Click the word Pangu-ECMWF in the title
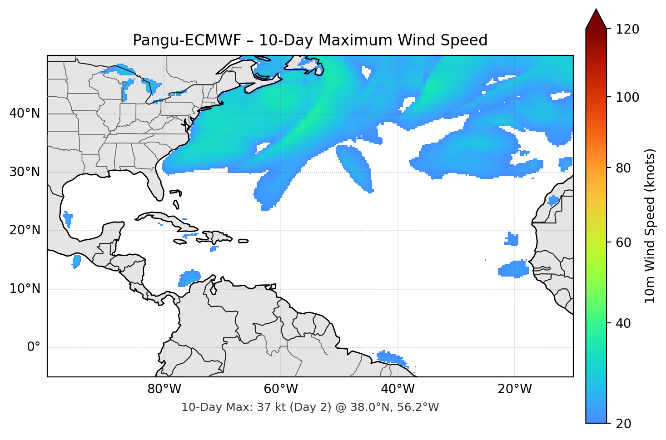[187, 40]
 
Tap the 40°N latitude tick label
[25, 114]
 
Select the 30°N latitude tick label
[25, 172]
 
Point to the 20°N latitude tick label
[25, 230]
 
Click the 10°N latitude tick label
[25, 289]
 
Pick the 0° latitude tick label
[33, 347]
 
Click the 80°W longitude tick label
[164, 389]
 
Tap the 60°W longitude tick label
[281, 389]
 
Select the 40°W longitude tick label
[398, 389]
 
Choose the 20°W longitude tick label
[514, 389]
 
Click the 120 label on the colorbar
[628, 30]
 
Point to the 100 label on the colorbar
[628, 97]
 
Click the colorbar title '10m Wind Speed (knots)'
[650, 226]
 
